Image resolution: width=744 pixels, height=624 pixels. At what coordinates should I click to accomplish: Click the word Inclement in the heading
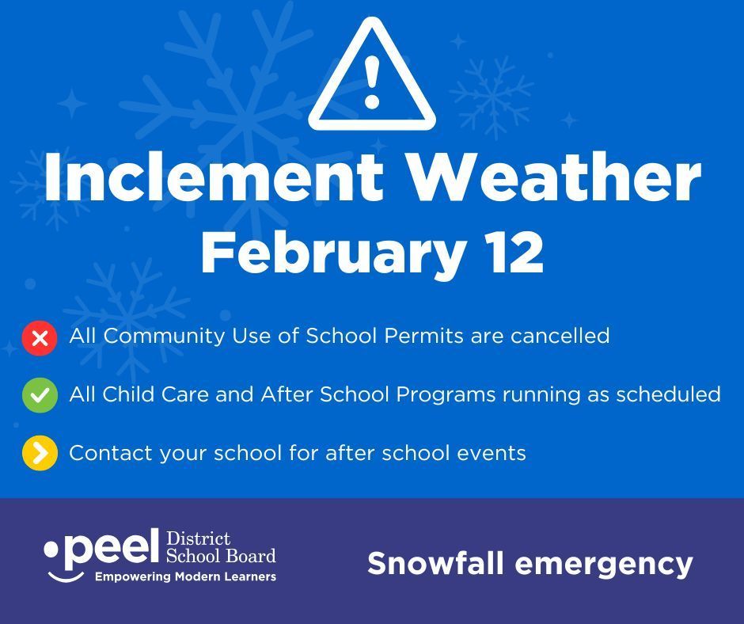214,178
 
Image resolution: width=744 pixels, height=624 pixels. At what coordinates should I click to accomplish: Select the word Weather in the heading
554,178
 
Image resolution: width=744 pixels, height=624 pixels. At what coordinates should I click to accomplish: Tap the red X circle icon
40,338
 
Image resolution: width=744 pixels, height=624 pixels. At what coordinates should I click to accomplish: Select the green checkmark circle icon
40,395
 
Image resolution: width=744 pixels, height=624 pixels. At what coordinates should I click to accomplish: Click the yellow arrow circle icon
40,454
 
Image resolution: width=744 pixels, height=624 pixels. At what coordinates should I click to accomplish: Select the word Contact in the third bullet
110,453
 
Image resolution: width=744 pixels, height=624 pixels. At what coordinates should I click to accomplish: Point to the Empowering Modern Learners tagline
185,576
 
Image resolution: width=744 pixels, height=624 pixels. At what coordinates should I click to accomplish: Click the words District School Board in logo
220,547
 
